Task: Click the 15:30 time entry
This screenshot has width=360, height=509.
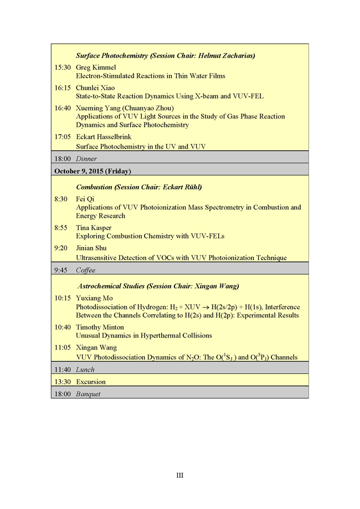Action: coord(62,68)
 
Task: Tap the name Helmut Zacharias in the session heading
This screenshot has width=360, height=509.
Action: coord(226,55)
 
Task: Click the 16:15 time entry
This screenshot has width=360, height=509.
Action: coord(62,88)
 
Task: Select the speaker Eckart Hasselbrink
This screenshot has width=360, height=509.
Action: coord(104,136)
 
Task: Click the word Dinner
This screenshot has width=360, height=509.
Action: coord(86,158)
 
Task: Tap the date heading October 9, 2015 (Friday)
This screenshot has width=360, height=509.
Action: coord(92,171)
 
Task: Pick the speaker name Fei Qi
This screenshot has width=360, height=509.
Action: coord(85,199)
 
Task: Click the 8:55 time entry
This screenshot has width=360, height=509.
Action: coord(61,228)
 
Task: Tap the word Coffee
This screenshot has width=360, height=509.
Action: coord(85,270)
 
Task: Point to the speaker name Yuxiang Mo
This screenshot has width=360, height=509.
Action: coord(94,298)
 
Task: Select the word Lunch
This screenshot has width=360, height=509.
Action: coord(85,369)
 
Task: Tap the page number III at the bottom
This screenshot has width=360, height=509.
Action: coord(180,475)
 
